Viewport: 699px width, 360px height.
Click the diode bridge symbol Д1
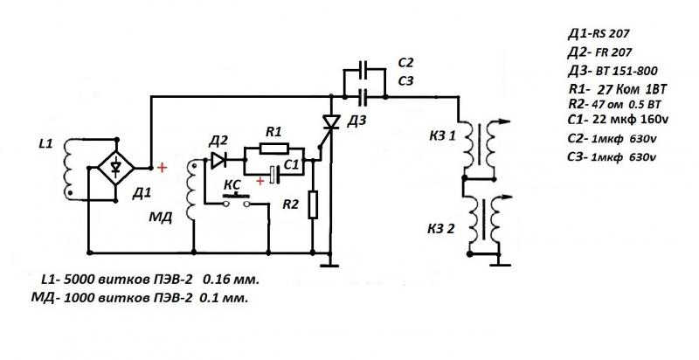(x=116, y=166)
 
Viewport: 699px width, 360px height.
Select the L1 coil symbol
(x=68, y=166)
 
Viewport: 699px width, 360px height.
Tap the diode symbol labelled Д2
(x=218, y=160)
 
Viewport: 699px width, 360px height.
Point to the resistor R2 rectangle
(x=314, y=207)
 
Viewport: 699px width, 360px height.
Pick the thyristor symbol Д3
(x=331, y=123)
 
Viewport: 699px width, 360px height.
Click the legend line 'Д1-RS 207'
(x=599, y=33)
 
